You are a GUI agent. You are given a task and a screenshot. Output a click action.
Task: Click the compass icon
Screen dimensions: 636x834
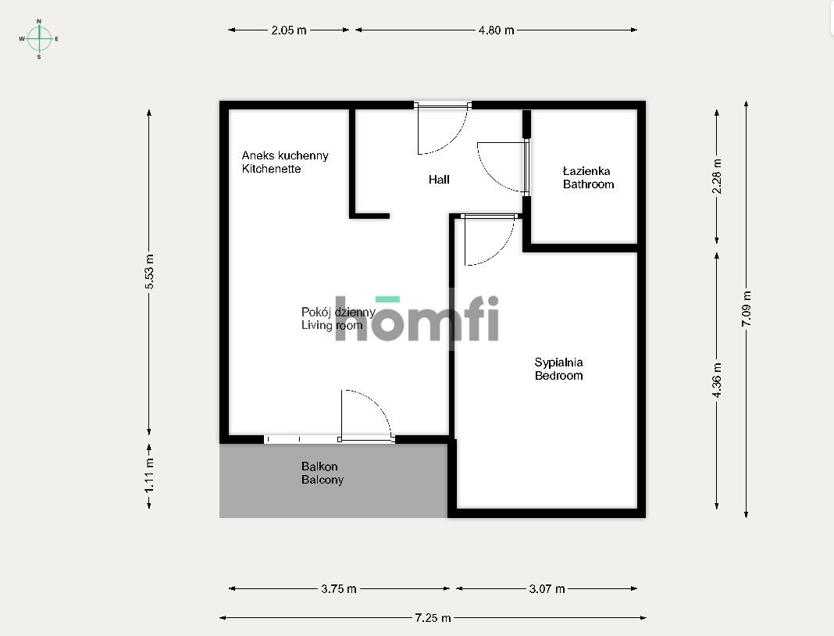point(39,38)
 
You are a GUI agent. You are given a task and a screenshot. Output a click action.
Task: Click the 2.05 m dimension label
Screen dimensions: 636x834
point(289,30)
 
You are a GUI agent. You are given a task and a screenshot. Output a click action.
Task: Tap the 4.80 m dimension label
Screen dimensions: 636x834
point(497,30)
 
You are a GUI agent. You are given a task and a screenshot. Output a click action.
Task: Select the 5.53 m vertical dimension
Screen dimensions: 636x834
point(149,273)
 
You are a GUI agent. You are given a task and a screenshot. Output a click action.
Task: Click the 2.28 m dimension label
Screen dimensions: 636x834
point(718,176)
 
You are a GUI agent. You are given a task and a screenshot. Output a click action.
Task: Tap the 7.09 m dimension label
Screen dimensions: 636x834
point(747,309)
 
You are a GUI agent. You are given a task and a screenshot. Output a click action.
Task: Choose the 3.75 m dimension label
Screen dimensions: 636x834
point(339,589)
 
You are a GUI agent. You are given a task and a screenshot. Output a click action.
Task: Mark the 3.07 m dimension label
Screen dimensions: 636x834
point(547,589)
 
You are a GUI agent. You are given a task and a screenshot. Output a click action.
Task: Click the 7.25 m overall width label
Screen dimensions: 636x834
point(433,618)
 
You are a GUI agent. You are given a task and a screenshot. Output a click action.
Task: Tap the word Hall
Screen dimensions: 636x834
point(439,180)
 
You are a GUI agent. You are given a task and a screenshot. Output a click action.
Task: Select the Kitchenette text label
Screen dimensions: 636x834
point(271,169)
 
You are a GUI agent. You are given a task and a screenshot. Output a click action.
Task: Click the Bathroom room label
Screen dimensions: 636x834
point(588,184)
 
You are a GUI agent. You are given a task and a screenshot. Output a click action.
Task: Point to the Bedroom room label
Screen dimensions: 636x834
point(558,376)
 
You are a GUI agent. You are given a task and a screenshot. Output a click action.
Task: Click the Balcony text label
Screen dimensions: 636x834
point(322,480)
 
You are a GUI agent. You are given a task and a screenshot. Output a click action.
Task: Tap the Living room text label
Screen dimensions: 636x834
point(331,325)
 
